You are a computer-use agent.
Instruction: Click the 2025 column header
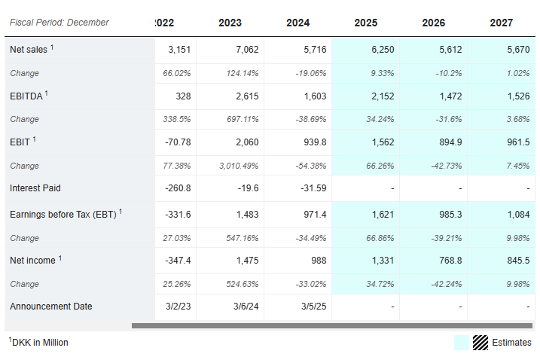366,23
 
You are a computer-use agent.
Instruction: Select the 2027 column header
502,23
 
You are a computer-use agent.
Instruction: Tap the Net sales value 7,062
247,50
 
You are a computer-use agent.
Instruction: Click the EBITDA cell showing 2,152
383,96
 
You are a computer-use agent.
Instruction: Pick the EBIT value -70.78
178,142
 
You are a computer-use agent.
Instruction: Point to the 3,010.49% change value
239,166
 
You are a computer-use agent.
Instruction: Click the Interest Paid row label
35,188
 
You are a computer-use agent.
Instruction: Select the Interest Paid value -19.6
248,188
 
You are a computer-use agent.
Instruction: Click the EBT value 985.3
450,215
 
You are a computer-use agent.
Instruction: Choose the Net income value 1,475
247,261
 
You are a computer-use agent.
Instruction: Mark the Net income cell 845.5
518,261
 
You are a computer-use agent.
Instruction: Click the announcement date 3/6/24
246,307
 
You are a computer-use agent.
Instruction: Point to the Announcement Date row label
51,307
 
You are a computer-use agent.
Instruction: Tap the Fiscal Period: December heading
59,23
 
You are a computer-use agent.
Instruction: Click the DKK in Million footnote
38,342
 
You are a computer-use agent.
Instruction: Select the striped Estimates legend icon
480,343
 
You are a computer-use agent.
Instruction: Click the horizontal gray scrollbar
332,325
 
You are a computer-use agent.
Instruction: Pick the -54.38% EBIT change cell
310,166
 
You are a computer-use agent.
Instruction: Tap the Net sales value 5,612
450,50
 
